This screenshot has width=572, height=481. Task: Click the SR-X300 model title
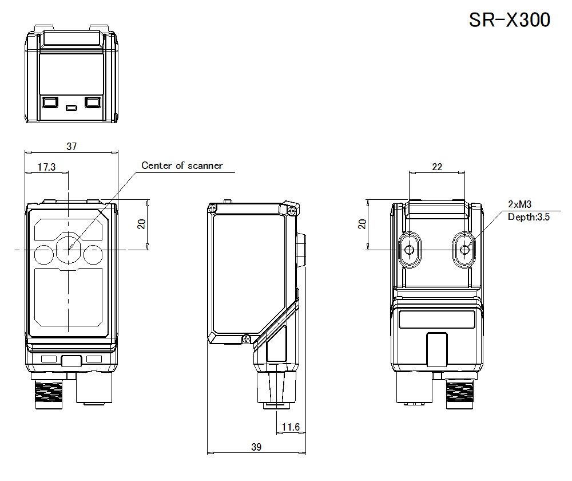[x=509, y=20]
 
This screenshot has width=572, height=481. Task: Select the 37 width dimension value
[x=71, y=146]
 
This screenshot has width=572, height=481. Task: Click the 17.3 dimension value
[x=46, y=167]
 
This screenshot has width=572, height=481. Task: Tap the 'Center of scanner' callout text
[x=182, y=165]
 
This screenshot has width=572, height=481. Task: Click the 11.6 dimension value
[x=291, y=427]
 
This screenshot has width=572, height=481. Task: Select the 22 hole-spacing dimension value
[x=437, y=167]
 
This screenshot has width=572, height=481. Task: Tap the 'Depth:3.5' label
[x=529, y=216]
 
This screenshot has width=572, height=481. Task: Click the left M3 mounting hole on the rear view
[x=410, y=249]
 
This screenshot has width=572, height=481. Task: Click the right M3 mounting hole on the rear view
[x=465, y=249]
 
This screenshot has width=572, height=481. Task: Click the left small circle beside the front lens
[x=43, y=254]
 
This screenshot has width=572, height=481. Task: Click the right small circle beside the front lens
[x=93, y=254]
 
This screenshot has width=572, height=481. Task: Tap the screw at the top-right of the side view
[x=292, y=210]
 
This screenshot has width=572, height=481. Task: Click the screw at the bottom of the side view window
[x=247, y=338]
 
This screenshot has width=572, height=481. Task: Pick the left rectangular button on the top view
[x=50, y=102]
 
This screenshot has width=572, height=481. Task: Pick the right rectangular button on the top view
[x=93, y=102]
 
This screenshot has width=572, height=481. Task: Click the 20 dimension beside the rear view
[x=362, y=224]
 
